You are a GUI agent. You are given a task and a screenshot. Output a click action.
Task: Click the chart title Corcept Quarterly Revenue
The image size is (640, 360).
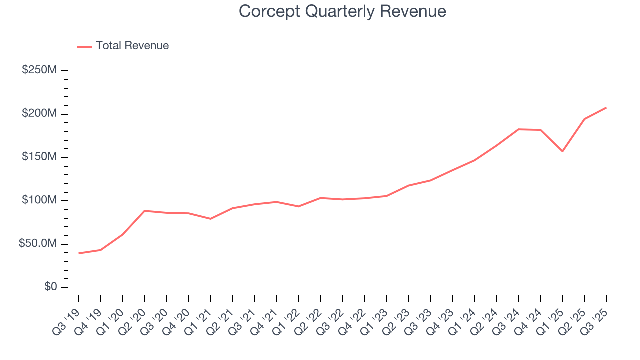click(342, 11)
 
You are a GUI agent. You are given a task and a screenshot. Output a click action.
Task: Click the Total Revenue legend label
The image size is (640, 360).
click(132, 46)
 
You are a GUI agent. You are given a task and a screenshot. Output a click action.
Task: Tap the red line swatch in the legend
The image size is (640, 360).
click(85, 46)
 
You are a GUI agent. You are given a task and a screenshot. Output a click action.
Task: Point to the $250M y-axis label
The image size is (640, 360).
click(39, 70)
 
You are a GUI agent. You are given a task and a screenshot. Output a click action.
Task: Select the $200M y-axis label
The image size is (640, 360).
click(39, 114)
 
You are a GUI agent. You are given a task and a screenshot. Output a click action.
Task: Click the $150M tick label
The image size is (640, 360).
click(39, 157)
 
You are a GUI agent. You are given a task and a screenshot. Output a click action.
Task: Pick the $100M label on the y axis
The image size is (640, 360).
click(39, 201)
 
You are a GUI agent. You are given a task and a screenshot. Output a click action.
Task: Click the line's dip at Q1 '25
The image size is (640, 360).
click(562, 151)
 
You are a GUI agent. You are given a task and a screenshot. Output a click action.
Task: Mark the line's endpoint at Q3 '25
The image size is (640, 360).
click(606, 107)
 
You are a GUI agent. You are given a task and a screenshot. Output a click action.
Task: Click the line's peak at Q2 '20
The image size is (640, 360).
click(144, 211)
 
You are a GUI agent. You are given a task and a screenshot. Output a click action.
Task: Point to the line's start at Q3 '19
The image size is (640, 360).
click(79, 253)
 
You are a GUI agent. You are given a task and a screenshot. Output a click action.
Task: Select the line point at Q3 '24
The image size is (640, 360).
click(518, 129)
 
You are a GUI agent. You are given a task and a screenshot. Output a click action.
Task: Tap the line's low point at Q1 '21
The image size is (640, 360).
click(210, 219)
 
